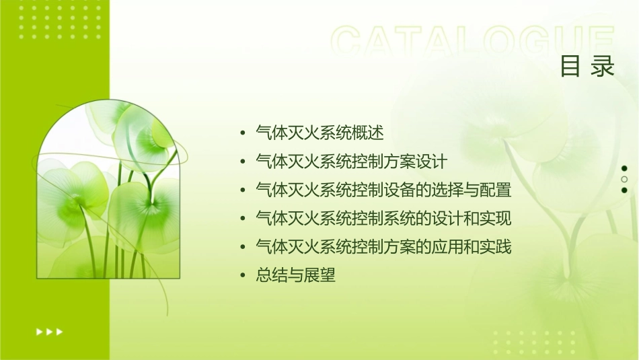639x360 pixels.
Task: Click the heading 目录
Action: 587,67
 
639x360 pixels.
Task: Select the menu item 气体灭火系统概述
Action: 319,133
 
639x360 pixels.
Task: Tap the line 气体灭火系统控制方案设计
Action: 351,162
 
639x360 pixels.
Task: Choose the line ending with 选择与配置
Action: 383,190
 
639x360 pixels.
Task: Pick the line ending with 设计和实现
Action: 383,219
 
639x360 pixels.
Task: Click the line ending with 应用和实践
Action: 383,247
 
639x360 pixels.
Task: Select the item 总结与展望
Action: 295,275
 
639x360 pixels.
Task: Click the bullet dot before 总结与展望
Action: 243,276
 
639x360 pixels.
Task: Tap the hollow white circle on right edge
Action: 624,179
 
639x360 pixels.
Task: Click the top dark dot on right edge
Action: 624,168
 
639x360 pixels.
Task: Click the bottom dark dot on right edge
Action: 624,190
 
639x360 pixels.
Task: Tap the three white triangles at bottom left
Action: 49,331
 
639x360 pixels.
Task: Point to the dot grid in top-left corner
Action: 61,20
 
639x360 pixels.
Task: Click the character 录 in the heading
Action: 603,67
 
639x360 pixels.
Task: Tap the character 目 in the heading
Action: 570,67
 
